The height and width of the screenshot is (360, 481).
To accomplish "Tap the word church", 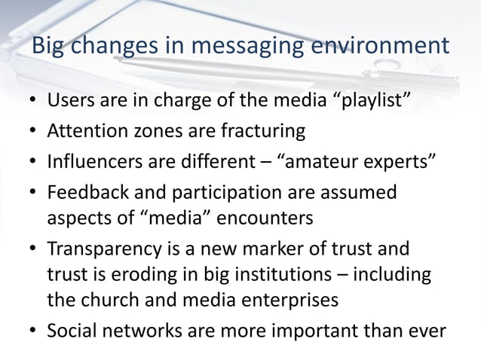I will pos(109,300).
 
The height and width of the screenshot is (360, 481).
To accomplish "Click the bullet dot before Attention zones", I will pos(32,132).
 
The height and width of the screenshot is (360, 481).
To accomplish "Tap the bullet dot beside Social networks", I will pos(32,331).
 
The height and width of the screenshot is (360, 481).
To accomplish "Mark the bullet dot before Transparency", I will pos(32,249).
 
